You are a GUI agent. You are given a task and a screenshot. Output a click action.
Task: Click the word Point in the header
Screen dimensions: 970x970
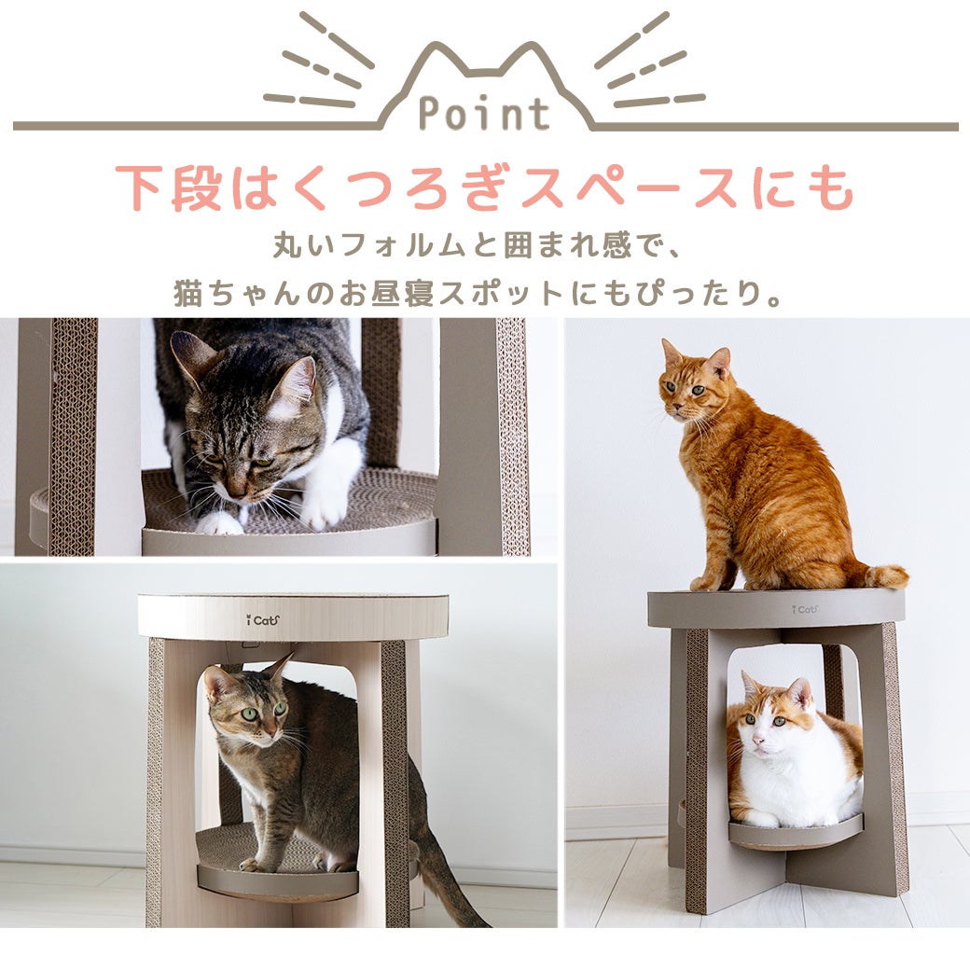point(484,114)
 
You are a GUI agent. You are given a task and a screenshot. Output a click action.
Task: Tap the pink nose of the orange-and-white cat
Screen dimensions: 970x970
point(759,740)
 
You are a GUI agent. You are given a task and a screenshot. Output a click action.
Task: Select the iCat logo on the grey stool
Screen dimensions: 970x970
point(804,609)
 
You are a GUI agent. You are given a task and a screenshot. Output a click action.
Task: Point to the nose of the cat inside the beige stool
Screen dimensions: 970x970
point(270,733)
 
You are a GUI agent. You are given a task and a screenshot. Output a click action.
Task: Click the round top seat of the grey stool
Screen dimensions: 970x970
point(776,607)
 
